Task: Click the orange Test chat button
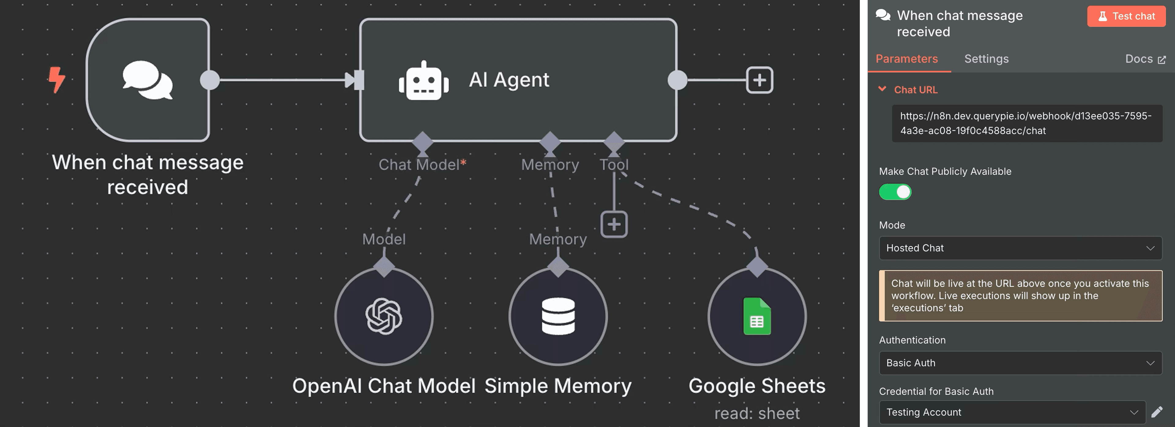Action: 1126,17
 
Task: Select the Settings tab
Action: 986,59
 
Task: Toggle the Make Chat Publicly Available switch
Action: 895,192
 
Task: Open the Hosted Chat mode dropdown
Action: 1020,248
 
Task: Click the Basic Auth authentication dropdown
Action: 1020,363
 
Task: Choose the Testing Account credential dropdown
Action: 1012,412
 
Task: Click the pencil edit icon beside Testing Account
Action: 1157,412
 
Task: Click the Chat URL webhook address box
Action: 1026,123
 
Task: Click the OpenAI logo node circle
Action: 384,316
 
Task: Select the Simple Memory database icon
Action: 558,316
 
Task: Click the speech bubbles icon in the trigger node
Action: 147,80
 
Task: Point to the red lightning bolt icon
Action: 57,80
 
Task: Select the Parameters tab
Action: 906,59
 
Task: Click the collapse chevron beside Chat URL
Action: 882,89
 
